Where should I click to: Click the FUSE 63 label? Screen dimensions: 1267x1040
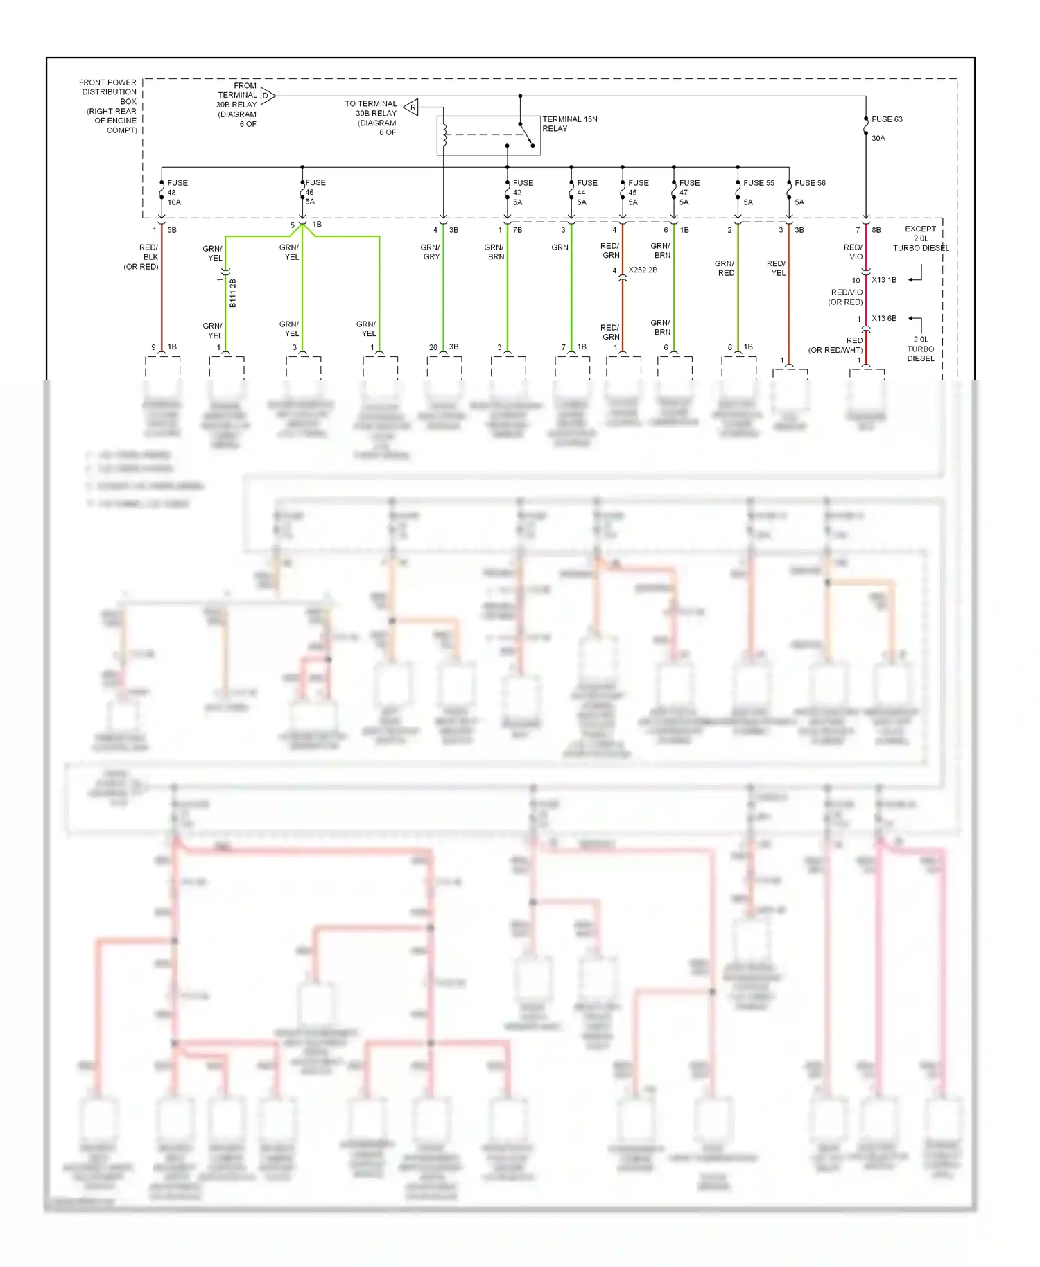tap(887, 119)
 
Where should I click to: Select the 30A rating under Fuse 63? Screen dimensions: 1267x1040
tap(878, 139)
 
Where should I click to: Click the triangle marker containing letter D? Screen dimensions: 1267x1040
tap(268, 96)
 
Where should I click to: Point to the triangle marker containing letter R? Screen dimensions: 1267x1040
tap(411, 107)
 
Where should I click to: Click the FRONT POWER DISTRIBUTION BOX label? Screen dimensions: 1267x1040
tap(110, 106)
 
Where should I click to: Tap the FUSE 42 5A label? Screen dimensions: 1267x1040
tap(522, 193)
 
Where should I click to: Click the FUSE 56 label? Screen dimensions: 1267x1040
tap(810, 183)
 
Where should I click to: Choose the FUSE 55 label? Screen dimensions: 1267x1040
tap(759, 183)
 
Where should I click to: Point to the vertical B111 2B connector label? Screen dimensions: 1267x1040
tap(233, 293)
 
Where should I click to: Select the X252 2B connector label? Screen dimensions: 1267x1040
tap(642, 270)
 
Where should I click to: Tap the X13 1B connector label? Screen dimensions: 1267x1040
tap(883, 280)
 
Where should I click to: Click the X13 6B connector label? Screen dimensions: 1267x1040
tap(883, 318)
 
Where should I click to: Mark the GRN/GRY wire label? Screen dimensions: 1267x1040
tap(431, 252)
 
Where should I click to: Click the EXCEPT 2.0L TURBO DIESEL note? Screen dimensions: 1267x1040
tap(920, 238)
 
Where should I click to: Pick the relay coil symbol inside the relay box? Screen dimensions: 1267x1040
tap(444, 134)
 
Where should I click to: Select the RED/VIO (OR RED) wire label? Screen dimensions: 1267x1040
tap(847, 297)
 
